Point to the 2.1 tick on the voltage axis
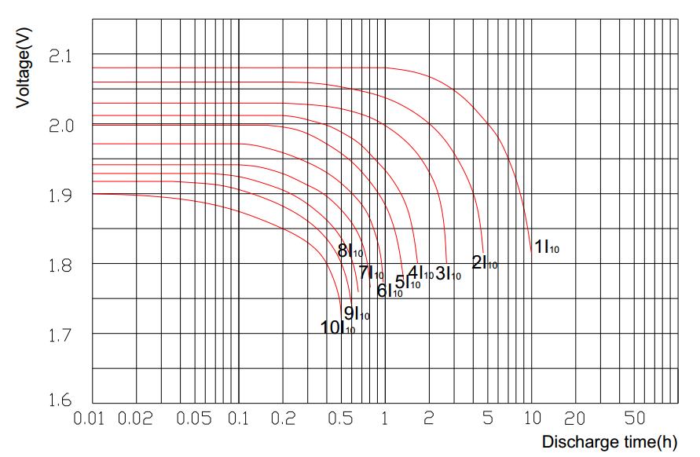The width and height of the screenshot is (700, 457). [x=60, y=57]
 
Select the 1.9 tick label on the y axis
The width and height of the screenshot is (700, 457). [x=60, y=196]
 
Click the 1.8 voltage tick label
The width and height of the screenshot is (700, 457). [x=60, y=265]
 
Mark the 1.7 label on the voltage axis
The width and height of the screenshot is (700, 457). [x=60, y=335]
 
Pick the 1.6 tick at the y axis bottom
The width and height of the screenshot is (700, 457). [x=60, y=401]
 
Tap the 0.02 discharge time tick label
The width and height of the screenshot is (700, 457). [x=136, y=418]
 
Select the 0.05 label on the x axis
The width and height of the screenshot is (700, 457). [x=194, y=418]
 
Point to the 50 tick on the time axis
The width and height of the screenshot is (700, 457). [x=635, y=418]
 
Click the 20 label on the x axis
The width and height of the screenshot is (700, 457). [x=576, y=418]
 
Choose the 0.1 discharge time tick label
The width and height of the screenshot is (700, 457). [x=238, y=418]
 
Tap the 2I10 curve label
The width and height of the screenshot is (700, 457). [x=484, y=263]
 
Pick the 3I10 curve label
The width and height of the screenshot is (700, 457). [x=448, y=273]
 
